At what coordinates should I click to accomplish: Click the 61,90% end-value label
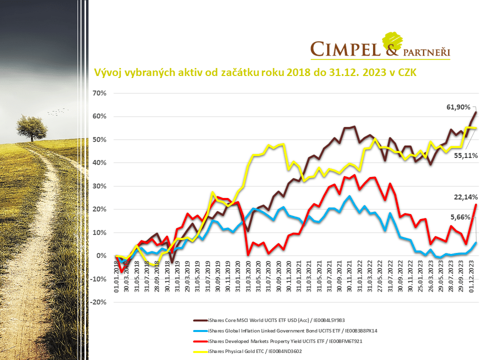coord(458,107)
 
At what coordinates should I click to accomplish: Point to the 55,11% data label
coord(466,156)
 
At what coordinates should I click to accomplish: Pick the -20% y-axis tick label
coord(98,302)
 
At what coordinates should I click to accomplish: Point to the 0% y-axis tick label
coord(102,256)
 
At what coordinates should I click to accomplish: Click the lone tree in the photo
coord(32,127)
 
